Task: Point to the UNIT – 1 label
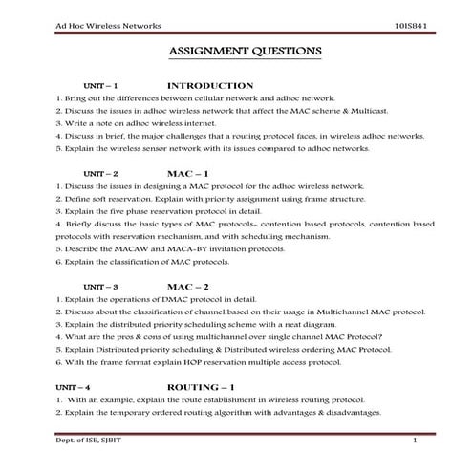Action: tap(100, 86)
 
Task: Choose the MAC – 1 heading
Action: tap(187, 172)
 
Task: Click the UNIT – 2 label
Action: tap(100, 173)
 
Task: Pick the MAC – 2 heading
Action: tap(187, 286)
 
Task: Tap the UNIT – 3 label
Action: tap(100, 287)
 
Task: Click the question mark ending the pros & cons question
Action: tap(381, 336)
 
